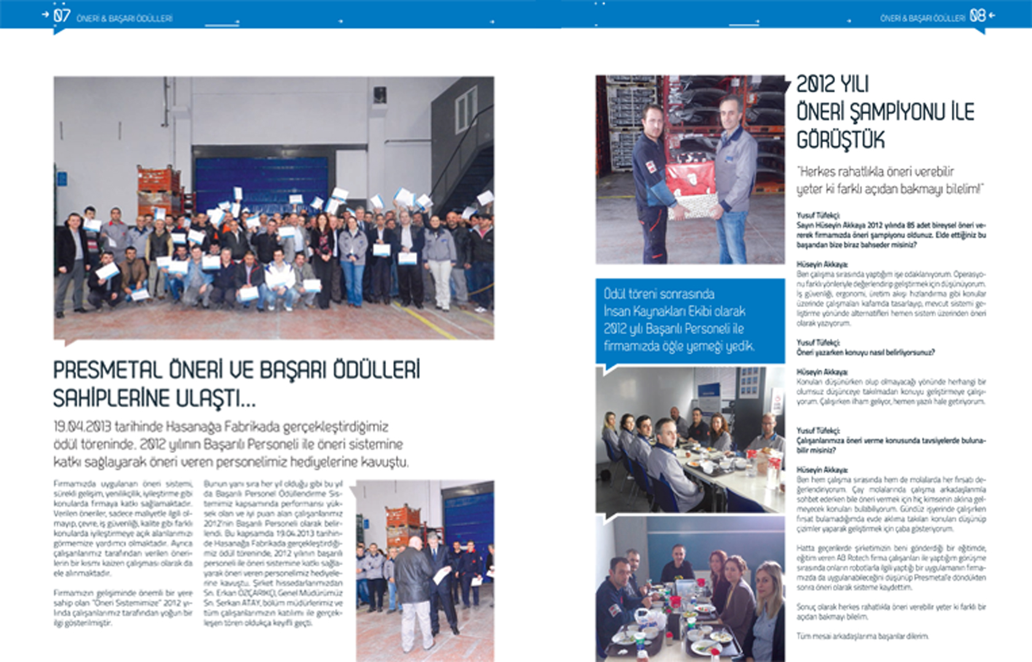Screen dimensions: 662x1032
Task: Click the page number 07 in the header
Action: coord(61,15)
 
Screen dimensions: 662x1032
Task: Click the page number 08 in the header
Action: coord(977,16)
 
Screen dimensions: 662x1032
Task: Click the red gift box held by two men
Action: coord(691,178)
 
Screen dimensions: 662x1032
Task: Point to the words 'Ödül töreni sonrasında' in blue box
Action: coord(658,294)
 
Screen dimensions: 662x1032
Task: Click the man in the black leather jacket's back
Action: coord(413,576)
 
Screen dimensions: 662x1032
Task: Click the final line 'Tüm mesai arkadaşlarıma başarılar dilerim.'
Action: coord(862,636)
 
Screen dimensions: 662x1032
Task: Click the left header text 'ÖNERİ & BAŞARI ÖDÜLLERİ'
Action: coord(125,18)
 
